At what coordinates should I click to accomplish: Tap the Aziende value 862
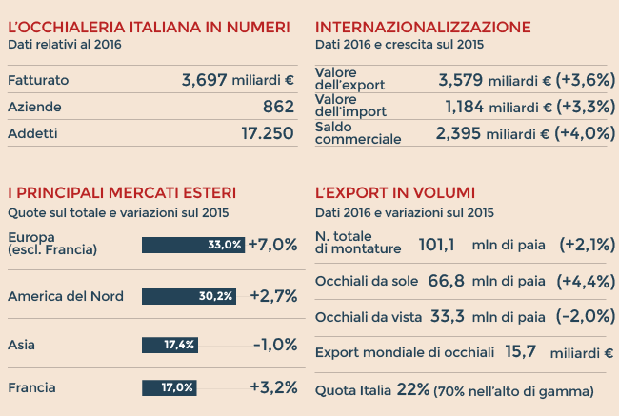[x=278, y=107]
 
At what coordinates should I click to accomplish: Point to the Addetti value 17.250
[x=268, y=133]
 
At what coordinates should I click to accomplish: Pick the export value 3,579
[x=461, y=80]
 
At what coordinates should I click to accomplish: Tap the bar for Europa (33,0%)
[x=193, y=245]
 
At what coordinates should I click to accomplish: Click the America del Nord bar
[x=189, y=296]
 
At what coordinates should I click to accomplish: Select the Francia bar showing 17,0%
[x=169, y=387]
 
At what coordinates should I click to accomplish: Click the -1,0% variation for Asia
[x=275, y=344]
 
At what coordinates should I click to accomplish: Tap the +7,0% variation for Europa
[x=272, y=245]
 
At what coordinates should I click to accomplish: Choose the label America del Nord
[x=66, y=296]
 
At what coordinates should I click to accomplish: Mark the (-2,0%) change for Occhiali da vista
[x=588, y=316]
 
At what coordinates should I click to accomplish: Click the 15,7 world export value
[x=521, y=352]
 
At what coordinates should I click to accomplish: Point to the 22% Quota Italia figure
[x=414, y=388]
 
